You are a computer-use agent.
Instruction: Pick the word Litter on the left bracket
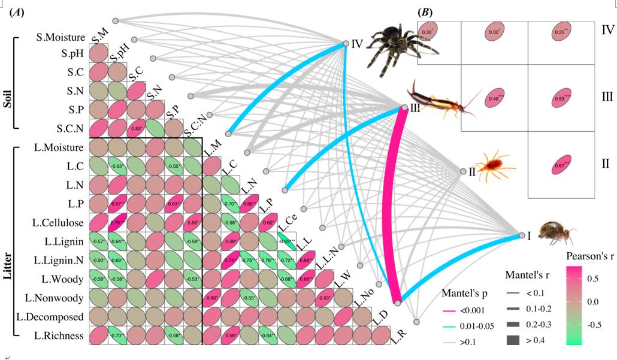[x=8, y=240]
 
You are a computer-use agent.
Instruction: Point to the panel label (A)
[x=17, y=13]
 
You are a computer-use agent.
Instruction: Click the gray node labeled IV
[x=346, y=43]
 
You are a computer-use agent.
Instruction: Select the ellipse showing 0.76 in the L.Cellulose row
[x=117, y=223]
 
